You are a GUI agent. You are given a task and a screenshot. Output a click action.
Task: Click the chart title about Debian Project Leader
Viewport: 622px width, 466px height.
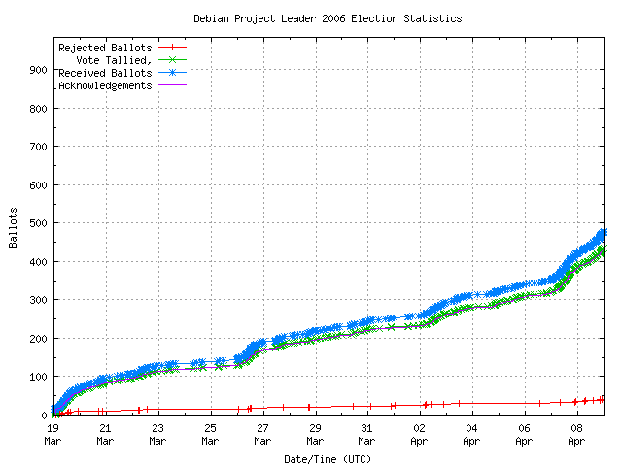coord(328,18)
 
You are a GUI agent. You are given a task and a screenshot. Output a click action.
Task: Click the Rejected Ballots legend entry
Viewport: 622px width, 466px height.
coord(105,48)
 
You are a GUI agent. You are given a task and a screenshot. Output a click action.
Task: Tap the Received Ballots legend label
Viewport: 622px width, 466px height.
coord(105,73)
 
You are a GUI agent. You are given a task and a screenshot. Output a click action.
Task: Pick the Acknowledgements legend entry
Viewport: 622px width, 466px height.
coord(105,85)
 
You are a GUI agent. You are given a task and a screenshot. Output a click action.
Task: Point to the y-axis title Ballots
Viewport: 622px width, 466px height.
coord(15,227)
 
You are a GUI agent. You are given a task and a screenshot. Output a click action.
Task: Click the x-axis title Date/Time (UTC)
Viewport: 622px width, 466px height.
coord(328,458)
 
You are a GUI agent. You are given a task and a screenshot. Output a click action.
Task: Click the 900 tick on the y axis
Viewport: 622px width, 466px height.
coord(38,70)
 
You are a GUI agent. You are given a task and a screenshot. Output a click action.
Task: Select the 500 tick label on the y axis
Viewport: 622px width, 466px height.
coord(38,223)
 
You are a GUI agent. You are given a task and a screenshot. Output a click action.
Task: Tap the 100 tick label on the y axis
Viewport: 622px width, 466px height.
coord(38,377)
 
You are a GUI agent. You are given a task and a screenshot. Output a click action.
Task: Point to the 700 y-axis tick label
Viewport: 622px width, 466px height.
coord(38,147)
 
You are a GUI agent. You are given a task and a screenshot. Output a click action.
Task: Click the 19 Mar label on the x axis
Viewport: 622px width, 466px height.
coord(52,433)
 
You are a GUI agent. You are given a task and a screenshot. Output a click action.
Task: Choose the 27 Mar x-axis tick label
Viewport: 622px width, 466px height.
coord(262,433)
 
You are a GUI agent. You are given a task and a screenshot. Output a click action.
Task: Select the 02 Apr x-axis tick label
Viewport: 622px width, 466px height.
coord(420,433)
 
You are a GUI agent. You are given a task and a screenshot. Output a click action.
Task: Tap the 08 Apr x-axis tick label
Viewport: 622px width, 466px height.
coord(577,433)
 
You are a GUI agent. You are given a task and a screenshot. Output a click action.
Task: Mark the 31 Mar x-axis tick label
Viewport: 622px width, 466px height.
coord(367,433)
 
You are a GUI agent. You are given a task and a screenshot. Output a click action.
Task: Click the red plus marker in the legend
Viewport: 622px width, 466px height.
coord(172,47)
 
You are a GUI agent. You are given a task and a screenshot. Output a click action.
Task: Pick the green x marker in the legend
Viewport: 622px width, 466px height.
coord(172,59)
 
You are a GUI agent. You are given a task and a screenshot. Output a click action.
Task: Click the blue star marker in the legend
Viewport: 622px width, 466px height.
coord(172,72)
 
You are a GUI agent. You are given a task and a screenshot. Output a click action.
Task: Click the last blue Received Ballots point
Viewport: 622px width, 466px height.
coord(603,232)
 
